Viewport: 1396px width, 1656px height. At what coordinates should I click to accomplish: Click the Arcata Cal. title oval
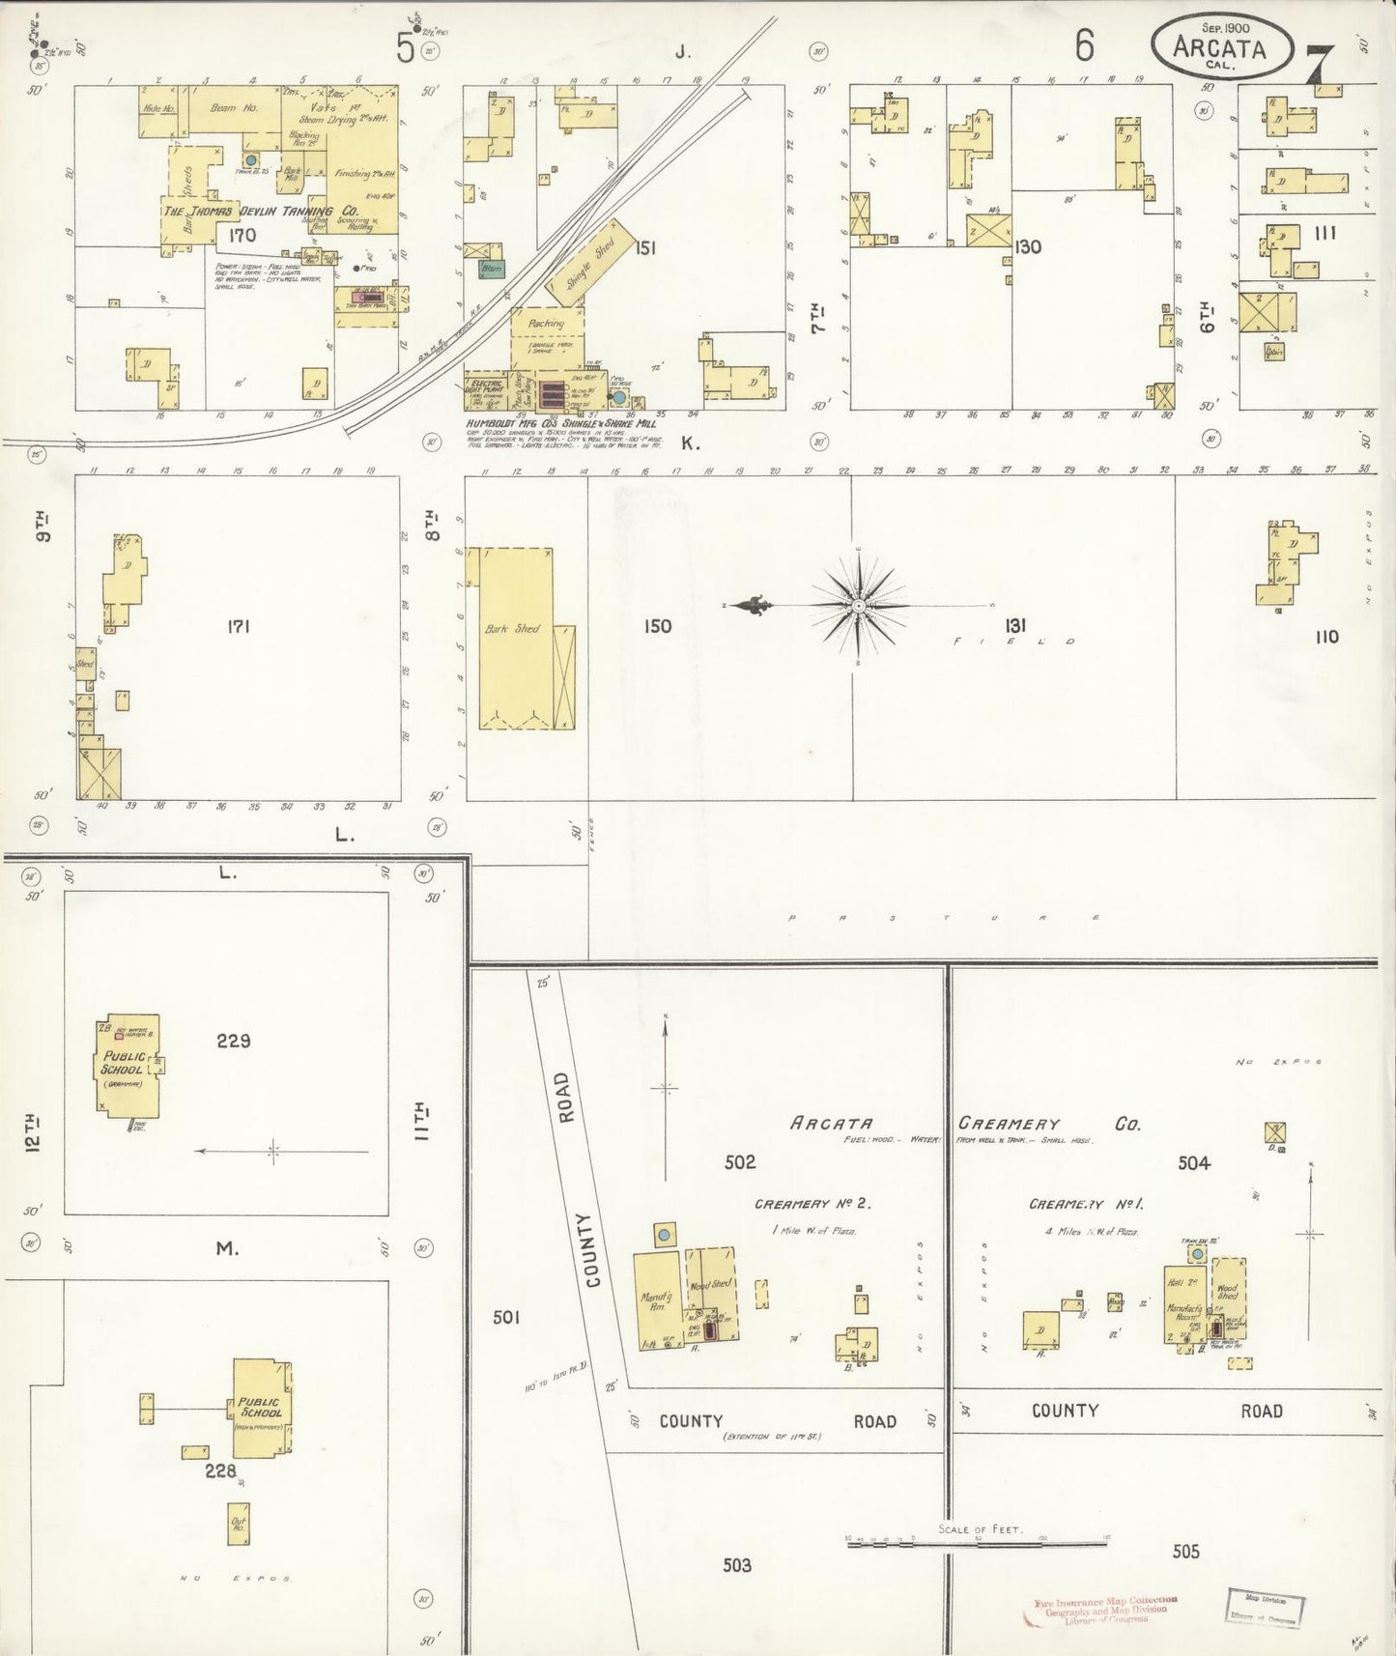(x=1221, y=44)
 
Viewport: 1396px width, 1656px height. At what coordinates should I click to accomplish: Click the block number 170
(x=242, y=235)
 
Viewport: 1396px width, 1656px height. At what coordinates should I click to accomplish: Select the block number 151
(x=645, y=248)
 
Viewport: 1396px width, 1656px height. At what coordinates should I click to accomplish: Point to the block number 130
(x=1027, y=247)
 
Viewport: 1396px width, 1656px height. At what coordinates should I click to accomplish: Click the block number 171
(x=238, y=627)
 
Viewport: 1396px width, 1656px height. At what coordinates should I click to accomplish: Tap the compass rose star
(x=858, y=606)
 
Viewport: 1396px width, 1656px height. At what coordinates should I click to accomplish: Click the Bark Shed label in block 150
(x=512, y=629)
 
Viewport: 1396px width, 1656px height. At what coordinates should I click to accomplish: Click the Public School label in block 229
(x=122, y=1064)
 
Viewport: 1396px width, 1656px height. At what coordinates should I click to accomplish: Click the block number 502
(x=740, y=1162)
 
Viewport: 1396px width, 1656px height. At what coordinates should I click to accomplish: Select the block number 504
(x=1193, y=1163)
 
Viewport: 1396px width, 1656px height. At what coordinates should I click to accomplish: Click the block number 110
(x=1326, y=637)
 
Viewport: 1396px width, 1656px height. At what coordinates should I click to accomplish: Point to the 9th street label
(x=43, y=530)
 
